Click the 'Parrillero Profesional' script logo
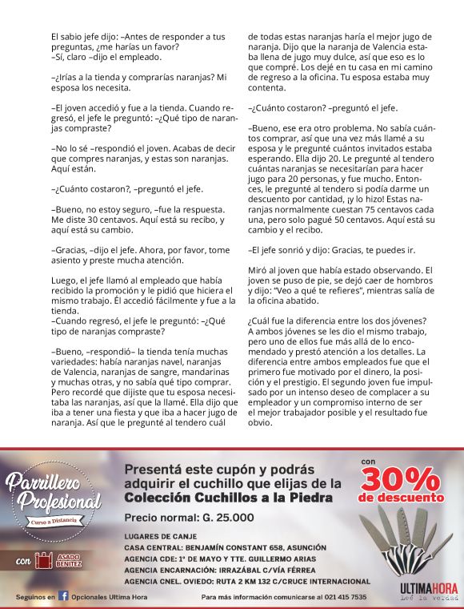point(53,496)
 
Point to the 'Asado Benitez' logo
point(67,560)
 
